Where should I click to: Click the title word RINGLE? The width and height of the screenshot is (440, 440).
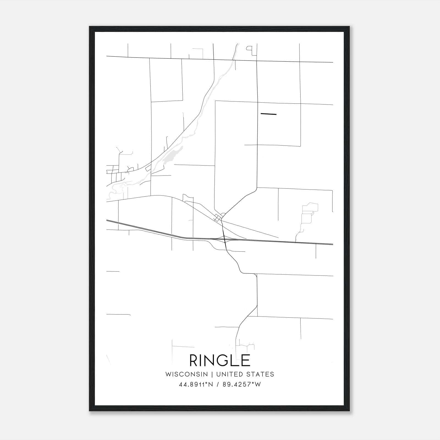pyautogui.click(x=220, y=360)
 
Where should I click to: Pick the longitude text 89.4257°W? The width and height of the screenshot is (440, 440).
pyautogui.click(x=242, y=384)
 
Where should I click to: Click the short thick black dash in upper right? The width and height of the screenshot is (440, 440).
pyautogui.click(x=268, y=114)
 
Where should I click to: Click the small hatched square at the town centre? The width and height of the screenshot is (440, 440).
pyautogui.click(x=218, y=219)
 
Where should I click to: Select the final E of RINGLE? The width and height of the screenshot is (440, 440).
pyautogui.click(x=246, y=360)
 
